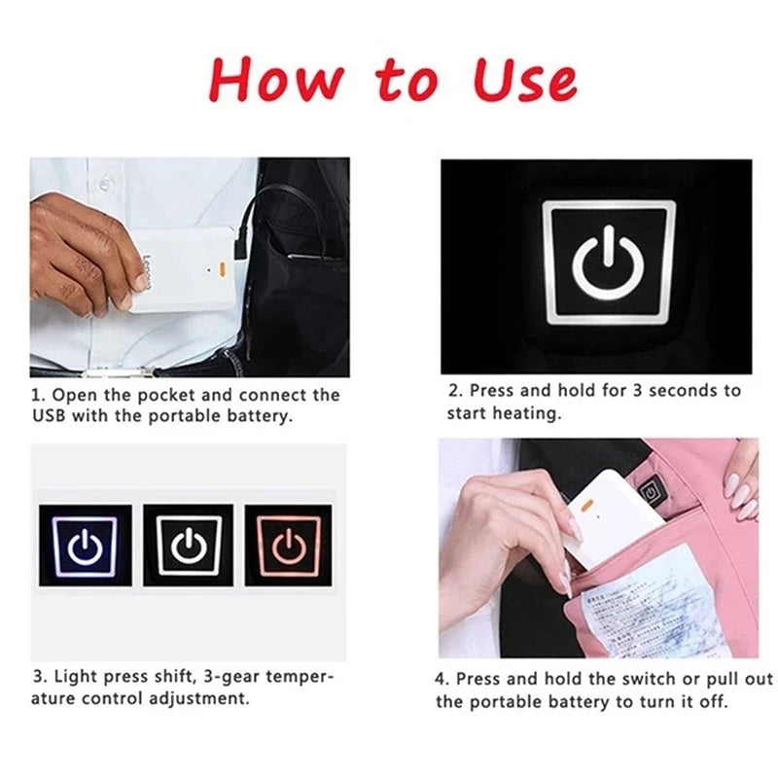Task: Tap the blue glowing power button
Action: coord(85,545)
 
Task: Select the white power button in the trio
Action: coord(188,545)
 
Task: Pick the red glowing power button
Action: coord(289,545)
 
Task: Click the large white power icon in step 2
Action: coord(608,263)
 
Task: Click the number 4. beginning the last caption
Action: coord(442,679)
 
